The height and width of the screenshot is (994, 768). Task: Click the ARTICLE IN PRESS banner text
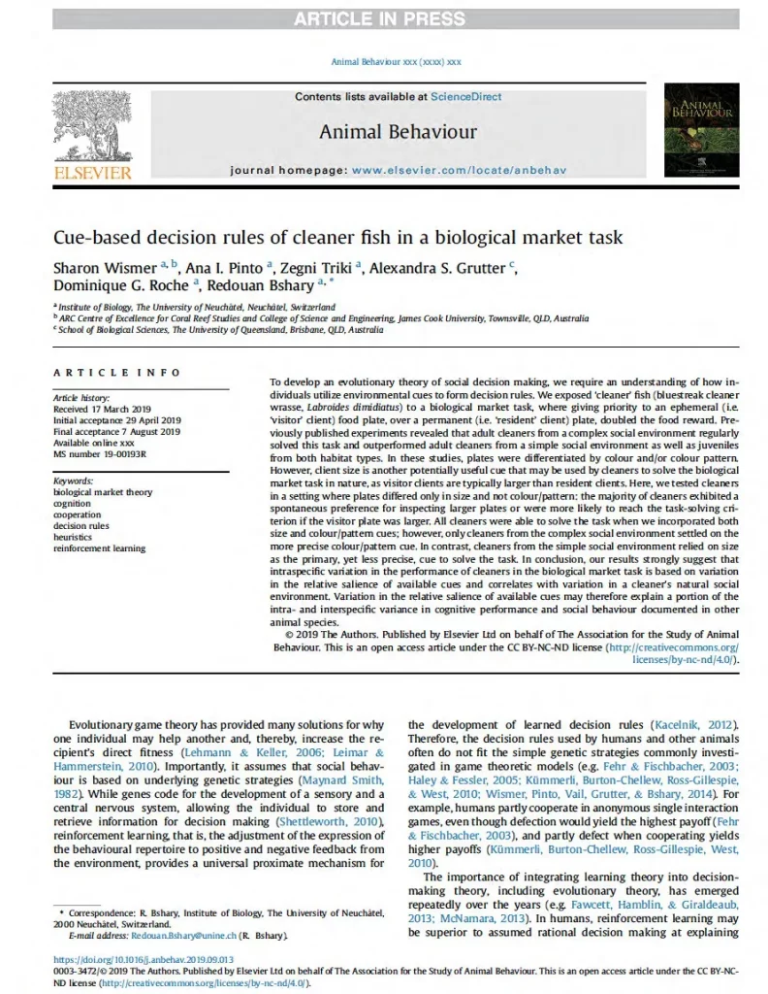[383, 17]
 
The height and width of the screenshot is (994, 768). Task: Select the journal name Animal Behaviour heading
[384, 131]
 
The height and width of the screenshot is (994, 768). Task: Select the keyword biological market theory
[103, 492]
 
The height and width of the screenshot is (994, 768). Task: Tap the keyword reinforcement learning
[100, 548]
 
